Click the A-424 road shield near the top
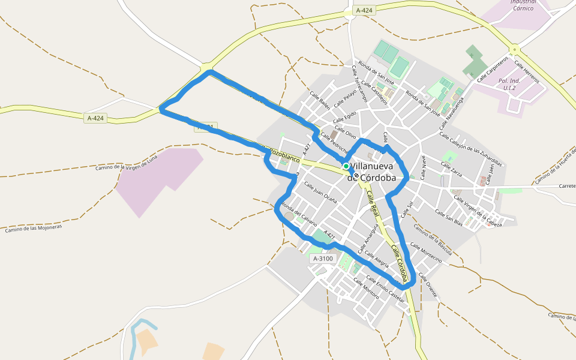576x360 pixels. click(x=364, y=10)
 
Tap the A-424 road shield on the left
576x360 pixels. click(x=95, y=118)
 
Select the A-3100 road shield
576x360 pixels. click(x=322, y=259)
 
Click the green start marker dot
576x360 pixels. click(x=346, y=166)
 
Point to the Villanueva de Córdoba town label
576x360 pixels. click(x=373, y=172)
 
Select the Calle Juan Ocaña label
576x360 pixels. click(x=320, y=190)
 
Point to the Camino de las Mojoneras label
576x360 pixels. click(x=34, y=227)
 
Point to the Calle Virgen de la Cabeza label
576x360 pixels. click(x=478, y=211)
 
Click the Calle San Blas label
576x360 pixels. click(x=449, y=218)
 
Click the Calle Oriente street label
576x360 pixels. click(x=428, y=286)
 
